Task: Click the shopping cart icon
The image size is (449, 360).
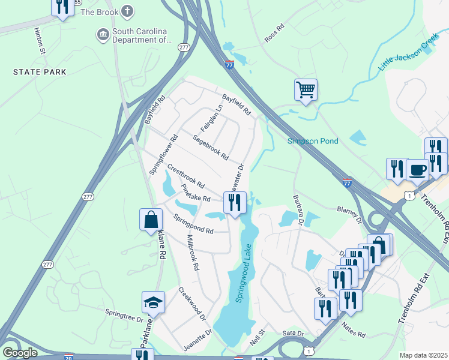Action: click(x=306, y=90)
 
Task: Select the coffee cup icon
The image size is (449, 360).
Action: click(x=417, y=169)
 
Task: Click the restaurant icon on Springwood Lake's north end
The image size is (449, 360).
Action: click(x=235, y=202)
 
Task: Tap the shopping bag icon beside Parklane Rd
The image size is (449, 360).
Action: click(x=151, y=220)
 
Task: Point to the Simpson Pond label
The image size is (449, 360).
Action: click(x=313, y=141)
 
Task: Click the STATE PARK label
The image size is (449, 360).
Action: click(x=40, y=72)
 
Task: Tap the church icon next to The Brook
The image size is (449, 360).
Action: click(x=127, y=11)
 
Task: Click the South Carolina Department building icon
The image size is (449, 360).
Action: click(x=103, y=35)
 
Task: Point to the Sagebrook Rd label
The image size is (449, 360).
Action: click(x=210, y=148)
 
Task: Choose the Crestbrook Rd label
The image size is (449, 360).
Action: click(x=186, y=175)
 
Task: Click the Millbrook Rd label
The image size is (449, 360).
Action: click(x=193, y=253)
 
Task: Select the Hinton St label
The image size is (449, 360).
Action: click(x=40, y=40)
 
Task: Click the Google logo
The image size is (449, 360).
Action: click(x=20, y=353)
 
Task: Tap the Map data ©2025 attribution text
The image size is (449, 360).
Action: click(x=423, y=355)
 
